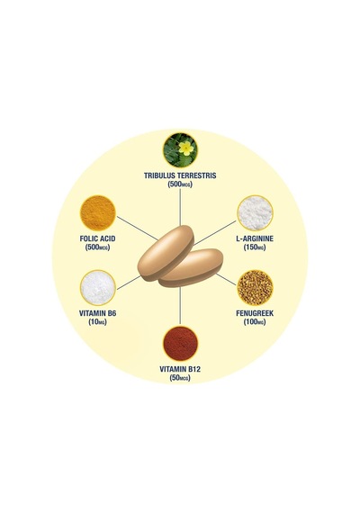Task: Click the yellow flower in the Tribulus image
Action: pos(186,148)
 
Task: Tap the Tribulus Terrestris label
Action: pos(180,175)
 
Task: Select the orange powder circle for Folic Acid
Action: pos(98,213)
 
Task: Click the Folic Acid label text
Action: pos(97,238)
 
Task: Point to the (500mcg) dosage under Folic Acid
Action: pos(97,247)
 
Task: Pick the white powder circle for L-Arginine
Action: pos(255,213)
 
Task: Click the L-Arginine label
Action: pos(255,238)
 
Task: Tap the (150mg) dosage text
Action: pos(255,247)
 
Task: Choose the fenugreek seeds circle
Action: pos(255,288)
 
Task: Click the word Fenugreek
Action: pos(255,313)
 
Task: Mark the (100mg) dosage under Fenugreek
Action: pos(255,322)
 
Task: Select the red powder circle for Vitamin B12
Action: pos(180,344)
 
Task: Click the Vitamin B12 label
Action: pos(180,369)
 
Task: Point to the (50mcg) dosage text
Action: pos(180,378)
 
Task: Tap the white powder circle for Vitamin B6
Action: pos(98,288)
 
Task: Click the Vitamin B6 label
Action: pos(97,313)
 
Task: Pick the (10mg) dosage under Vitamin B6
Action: pos(97,322)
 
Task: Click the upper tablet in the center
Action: pos(166,252)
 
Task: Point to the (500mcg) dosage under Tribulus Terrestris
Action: pos(180,184)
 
